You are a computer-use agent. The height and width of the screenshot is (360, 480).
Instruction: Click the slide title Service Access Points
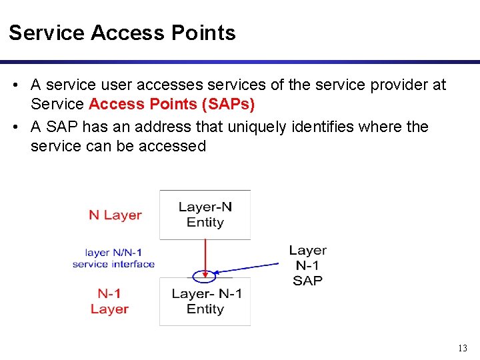122,33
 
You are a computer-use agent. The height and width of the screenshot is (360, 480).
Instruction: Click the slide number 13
463,348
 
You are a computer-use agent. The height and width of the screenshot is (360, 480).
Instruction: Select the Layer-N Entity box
205,215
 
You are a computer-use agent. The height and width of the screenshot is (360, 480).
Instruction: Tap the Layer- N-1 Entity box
205,301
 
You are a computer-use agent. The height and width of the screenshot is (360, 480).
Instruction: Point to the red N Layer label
115,215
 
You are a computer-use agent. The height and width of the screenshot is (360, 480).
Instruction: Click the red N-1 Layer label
109,301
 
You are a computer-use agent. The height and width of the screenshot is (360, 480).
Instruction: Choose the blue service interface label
113,259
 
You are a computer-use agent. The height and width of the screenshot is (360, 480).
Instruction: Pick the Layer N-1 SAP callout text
307,265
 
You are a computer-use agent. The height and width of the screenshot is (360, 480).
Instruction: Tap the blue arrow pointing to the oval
250,267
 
